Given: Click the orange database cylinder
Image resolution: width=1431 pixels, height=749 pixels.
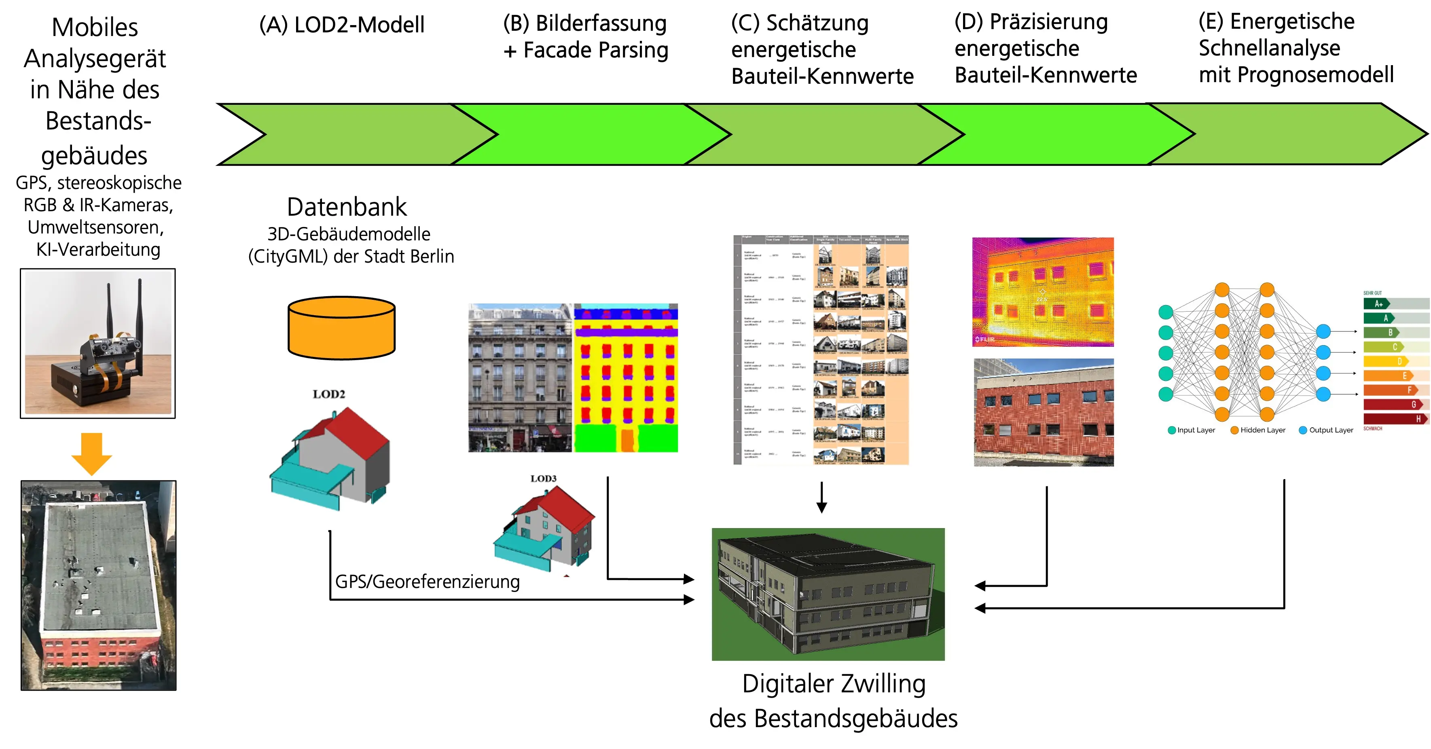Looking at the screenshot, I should tap(341, 328).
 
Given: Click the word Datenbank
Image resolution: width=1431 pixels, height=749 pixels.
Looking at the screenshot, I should tap(347, 207).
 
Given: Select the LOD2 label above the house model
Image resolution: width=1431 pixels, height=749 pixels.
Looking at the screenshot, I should tap(329, 394).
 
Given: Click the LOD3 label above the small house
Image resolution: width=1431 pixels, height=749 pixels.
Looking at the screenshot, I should tap(543, 478).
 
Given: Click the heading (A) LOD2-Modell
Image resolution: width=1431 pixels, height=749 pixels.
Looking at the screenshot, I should tap(342, 25).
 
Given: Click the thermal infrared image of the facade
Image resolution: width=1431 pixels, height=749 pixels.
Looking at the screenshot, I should tap(1043, 292).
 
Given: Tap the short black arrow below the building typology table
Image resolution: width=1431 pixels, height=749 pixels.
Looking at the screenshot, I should tap(821, 497).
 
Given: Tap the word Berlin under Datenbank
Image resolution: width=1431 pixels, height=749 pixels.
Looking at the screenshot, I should tap(432, 256).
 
